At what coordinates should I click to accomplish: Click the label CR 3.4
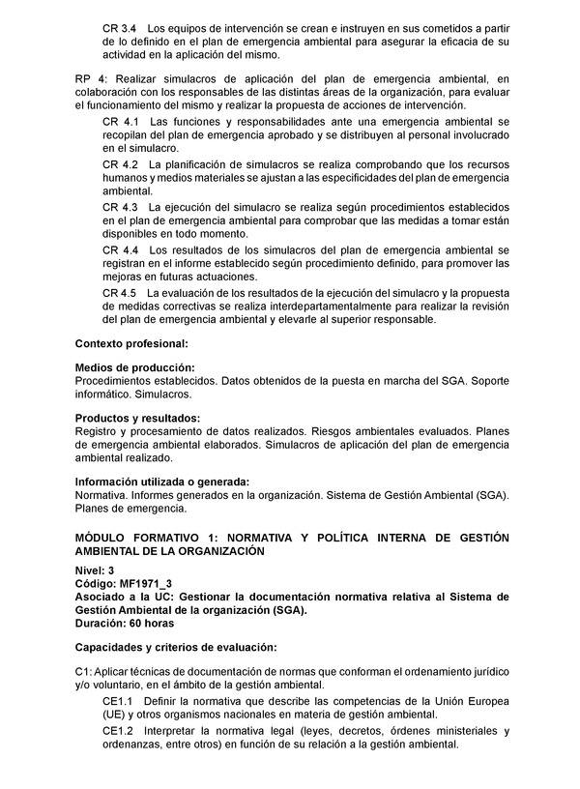(120, 28)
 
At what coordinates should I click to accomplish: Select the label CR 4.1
(120, 122)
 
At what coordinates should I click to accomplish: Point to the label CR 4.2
(120, 164)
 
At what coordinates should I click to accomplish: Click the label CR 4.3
(120, 207)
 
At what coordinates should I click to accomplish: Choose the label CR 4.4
(120, 249)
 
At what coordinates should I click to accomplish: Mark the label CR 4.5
(120, 292)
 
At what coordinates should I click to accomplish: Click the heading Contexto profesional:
(130, 343)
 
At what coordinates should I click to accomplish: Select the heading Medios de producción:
(134, 368)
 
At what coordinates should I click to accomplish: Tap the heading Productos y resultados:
(137, 418)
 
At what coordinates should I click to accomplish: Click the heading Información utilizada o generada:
(162, 482)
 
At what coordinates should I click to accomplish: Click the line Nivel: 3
(95, 571)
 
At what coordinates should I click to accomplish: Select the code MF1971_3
(145, 585)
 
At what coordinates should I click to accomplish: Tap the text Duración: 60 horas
(125, 625)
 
